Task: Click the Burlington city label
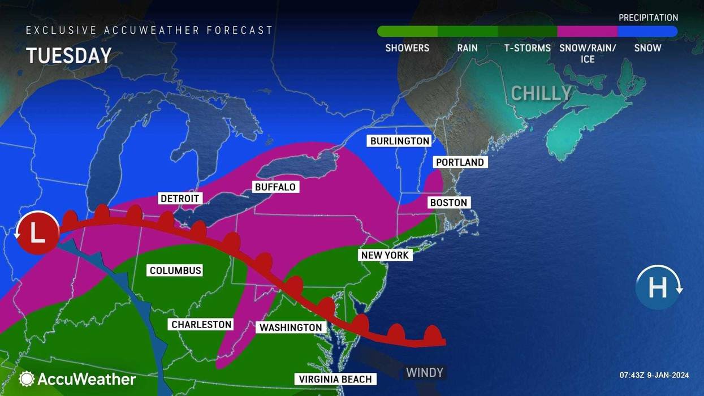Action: (x=400, y=141)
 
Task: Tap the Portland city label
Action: (x=460, y=162)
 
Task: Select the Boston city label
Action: (x=448, y=203)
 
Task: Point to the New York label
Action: (x=385, y=255)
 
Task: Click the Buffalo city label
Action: (x=275, y=187)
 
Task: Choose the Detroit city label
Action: (x=180, y=199)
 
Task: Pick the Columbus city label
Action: (x=175, y=270)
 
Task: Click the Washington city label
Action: (x=291, y=328)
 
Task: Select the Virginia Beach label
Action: (x=335, y=379)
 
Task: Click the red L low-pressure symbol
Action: (x=37, y=233)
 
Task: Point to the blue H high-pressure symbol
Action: (x=658, y=288)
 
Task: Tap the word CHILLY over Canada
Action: (x=541, y=93)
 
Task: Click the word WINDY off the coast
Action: (x=425, y=372)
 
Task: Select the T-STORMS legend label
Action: (x=527, y=48)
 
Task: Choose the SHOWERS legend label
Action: (x=407, y=48)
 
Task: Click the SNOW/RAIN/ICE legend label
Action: (x=588, y=53)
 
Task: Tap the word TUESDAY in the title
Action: (x=68, y=56)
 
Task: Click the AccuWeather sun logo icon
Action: (x=27, y=378)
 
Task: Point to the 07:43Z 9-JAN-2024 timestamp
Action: (x=654, y=375)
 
